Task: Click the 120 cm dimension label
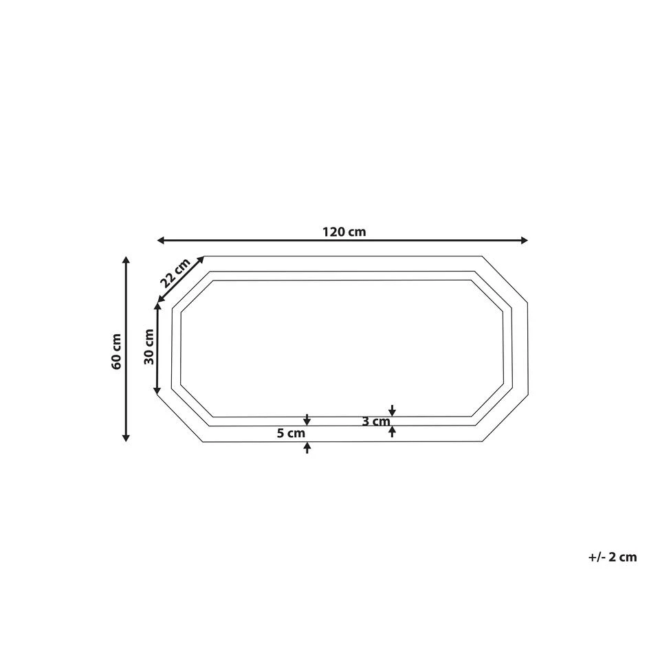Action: pyautogui.click(x=344, y=232)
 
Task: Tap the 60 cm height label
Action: pyautogui.click(x=117, y=351)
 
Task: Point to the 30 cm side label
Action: pyautogui.click(x=149, y=347)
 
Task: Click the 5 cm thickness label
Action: pyautogui.click(x=290, y=434)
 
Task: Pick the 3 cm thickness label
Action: pyautogui.click(x=375, y=422)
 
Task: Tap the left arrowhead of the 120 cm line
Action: pyautogui.click(x=161, y=240)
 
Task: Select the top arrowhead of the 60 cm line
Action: pyautogui.click(x=126, y=260)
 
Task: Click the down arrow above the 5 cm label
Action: pyautogui.click(x=307, y=420)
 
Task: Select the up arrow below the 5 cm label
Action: pyautogui.click(x=307, y=448)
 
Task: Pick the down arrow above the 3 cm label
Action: pyautogui.click(x=392, y=410)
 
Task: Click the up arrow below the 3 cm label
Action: pyautogui.click(x=392, y=431)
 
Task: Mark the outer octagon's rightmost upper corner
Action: pyautogui.click(x=527, y=301)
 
